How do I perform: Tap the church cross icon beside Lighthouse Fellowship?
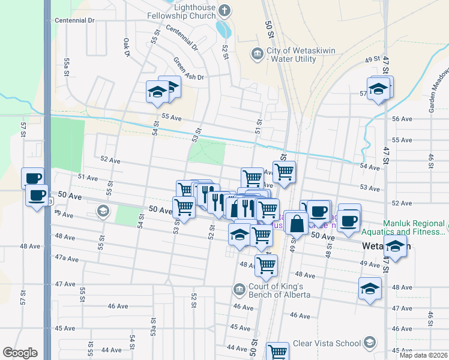224,10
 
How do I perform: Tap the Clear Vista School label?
326,344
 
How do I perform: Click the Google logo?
20,353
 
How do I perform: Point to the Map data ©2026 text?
423,355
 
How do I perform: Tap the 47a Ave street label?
67,258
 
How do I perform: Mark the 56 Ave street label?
402,119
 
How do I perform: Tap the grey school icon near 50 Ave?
103,211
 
